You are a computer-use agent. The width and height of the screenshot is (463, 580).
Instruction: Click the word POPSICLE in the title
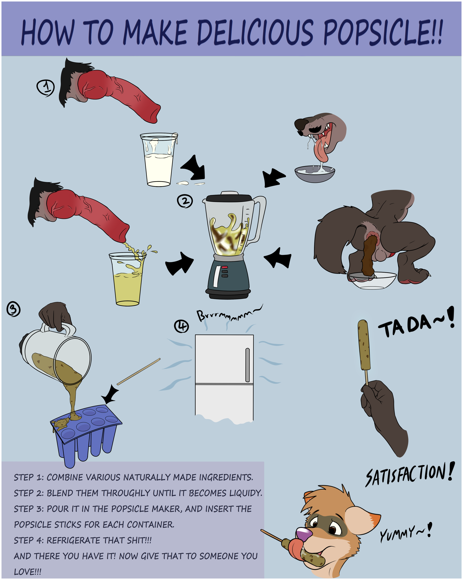click(383, 32)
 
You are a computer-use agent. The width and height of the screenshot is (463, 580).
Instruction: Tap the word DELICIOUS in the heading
click(255, 32)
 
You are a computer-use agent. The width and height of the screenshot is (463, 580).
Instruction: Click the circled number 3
click(13, 309)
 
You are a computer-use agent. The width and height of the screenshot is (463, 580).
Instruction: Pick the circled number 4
click(182, 326)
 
